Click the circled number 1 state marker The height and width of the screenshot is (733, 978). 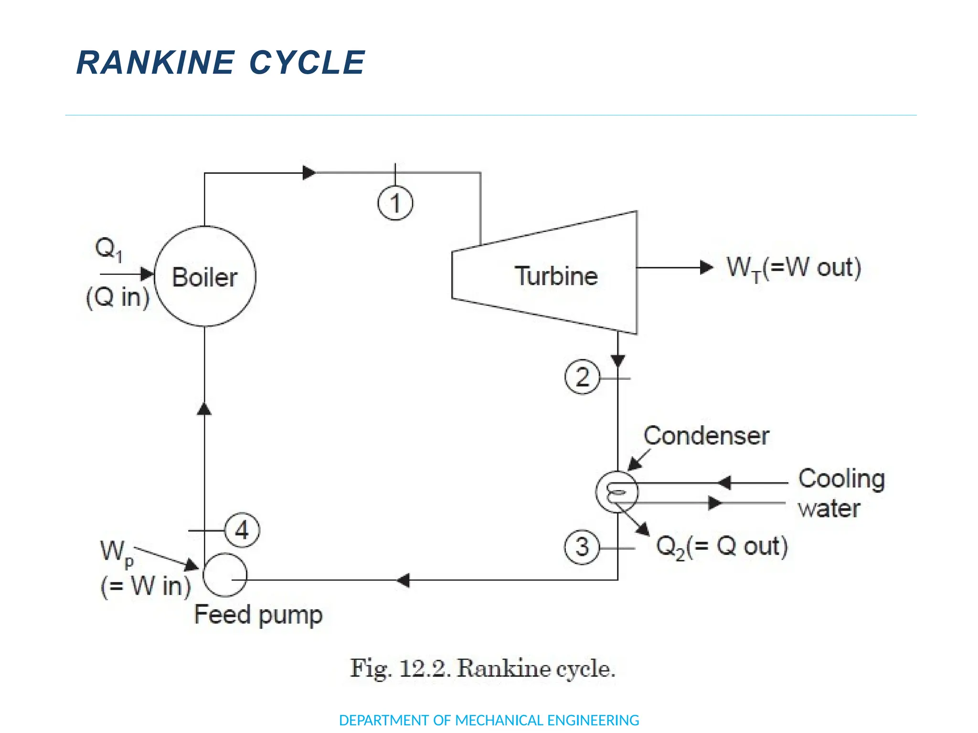pyautogui.click(x=395, y=203)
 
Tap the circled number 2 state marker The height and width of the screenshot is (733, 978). pyautogui.click(x=582, y=377)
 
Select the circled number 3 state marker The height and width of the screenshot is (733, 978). pyautogui.click(x=582, y=547)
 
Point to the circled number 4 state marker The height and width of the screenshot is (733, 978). pyautogui.click(x=242, y=530)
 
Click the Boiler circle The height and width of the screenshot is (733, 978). pyautogui.click(x=205, y=277)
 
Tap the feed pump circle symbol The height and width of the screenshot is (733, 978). pyautogui.click(x=224, y=575)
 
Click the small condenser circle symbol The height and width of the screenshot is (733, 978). pyautogui.click(x=617, y=492)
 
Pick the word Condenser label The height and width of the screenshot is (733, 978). pyautogui.click(x=706, y=436)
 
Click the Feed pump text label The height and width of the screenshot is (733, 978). pyautogui.click(x=258, y=615)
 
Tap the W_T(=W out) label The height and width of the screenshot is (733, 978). pyautogui.click(x=793, y=268)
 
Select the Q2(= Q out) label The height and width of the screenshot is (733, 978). pyautogui.click(x=722, y=547)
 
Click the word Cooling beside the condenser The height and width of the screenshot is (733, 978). pyautogui.click(x=841, y=479)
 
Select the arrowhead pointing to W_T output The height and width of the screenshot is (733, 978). pyautogui.click(x=706, y=267)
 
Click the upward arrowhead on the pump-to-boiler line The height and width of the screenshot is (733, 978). pyautogui.click(x=204, y=408)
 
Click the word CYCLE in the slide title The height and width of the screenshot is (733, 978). pyautogui.click(x=307, y=63)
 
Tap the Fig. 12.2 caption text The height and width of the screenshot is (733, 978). pyautogui.click(x=482, y=668)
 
